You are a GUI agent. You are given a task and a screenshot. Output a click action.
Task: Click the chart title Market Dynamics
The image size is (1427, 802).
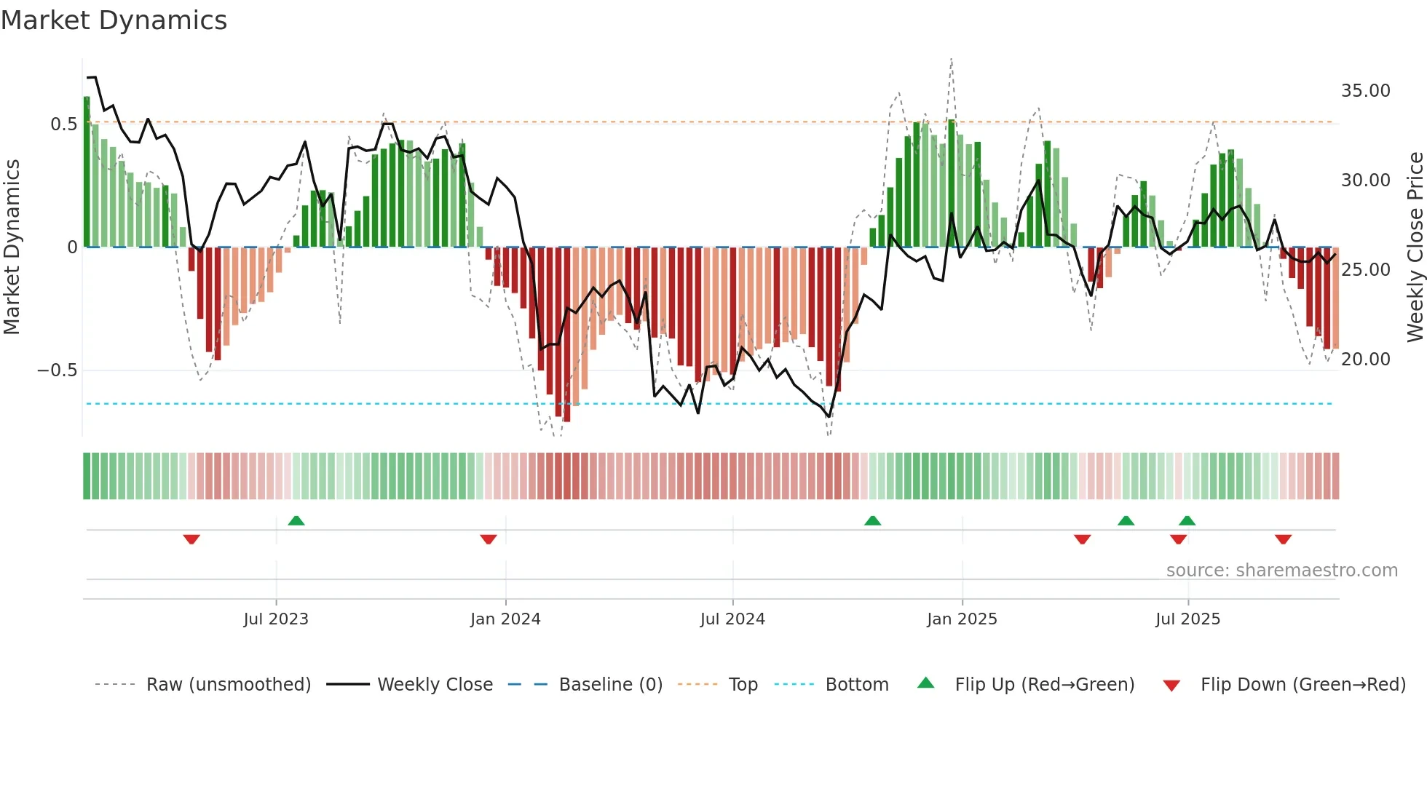coord(114,20)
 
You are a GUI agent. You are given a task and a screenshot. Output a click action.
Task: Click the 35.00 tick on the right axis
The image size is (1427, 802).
coord(1365,91)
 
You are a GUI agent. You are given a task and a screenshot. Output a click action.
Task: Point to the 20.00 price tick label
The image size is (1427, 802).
coord(1365,360)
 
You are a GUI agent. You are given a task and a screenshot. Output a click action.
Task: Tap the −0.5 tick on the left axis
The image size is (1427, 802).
coord(57,370)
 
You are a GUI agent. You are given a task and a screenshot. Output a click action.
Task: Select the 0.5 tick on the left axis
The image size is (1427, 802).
coord(63,124)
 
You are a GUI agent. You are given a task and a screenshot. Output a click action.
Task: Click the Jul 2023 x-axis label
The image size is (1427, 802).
coord(276,619)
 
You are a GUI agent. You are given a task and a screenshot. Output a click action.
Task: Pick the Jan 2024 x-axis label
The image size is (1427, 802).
coord(505,619)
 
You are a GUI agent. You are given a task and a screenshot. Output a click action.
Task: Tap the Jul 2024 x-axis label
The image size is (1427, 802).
coord(732,619)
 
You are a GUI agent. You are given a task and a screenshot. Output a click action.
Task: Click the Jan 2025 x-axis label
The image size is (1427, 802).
coord(962,619)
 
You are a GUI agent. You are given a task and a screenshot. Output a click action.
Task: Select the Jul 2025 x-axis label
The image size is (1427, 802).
coord(1187,619)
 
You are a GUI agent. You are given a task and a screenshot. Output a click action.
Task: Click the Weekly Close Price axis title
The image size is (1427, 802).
coord(1415,247)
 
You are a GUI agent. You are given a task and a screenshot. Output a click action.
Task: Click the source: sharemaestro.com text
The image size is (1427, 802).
coord(1281,571)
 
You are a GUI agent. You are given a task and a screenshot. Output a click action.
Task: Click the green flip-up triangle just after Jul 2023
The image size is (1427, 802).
coord(296,520)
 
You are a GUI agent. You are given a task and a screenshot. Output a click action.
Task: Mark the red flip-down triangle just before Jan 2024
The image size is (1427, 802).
coord(489,539)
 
